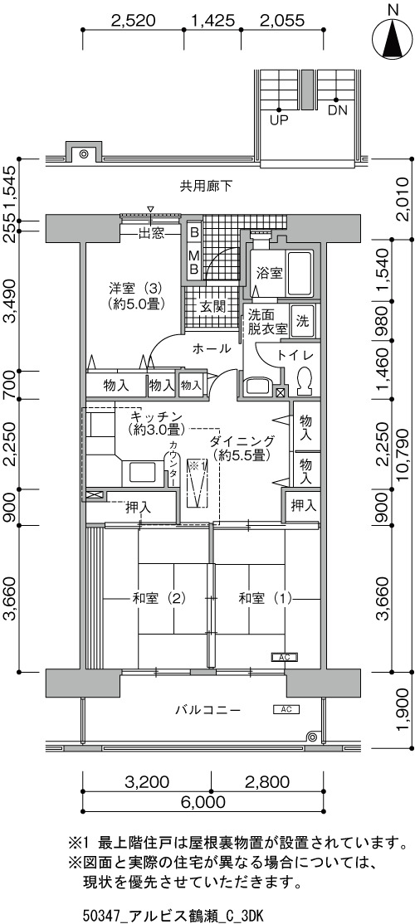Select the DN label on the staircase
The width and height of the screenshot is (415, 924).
[x=337, y=110]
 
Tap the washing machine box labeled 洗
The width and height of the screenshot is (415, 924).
[x=302, y=321]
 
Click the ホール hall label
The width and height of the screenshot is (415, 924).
[x=212, y=349]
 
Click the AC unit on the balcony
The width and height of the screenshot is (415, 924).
[x=287, y=709]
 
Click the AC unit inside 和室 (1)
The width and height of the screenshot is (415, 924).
[x=285, y=656]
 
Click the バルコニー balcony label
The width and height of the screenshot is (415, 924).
[x=207, y=709]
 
